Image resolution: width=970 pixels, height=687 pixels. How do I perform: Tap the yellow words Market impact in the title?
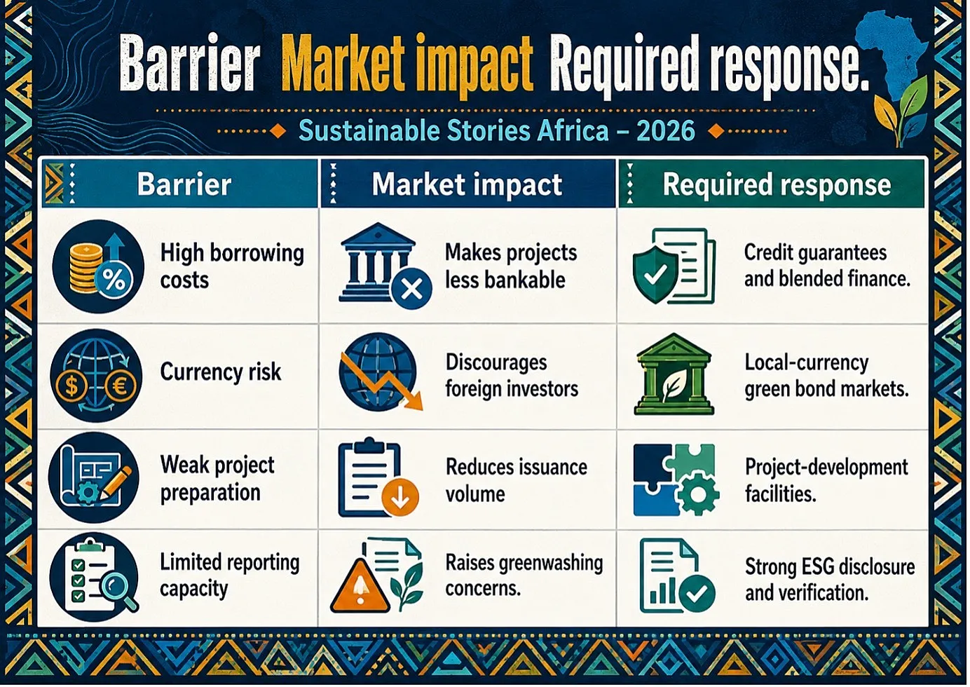(407, 64)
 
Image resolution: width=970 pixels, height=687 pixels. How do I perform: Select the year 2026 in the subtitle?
(666, 130)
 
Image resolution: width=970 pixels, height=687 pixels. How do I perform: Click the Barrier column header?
(184, 184)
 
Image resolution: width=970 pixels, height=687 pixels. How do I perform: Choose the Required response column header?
(777, 184)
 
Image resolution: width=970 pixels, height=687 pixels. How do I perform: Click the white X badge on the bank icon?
(411, 289)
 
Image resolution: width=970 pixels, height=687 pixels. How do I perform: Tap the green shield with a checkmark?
(655, 274)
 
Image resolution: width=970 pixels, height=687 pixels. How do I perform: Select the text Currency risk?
(220, 372)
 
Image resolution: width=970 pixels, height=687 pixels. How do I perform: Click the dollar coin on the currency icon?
(71, 385)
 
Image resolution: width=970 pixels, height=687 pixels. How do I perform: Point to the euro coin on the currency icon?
(120, 385)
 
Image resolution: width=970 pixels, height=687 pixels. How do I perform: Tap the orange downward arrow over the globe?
(381, 381)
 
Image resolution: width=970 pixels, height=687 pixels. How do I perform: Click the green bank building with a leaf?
(674, 374)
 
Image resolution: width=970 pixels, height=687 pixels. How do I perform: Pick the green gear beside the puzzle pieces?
(697, 494)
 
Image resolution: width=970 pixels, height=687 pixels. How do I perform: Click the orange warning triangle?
(360, 587)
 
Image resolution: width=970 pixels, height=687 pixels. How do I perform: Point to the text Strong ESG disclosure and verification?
(830, 580)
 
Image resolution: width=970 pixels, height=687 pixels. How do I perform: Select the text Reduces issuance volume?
(516, 480)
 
